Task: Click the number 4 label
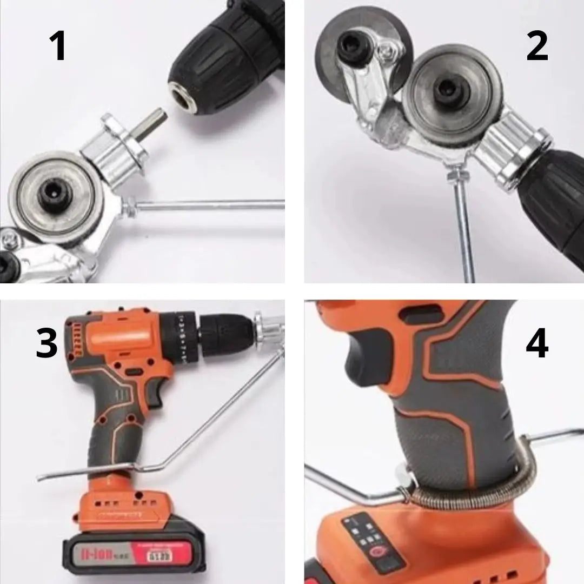click(x=536, y=343)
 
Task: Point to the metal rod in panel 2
click(x=464, y=233)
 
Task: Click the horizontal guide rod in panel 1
click(x=211, y=204)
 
